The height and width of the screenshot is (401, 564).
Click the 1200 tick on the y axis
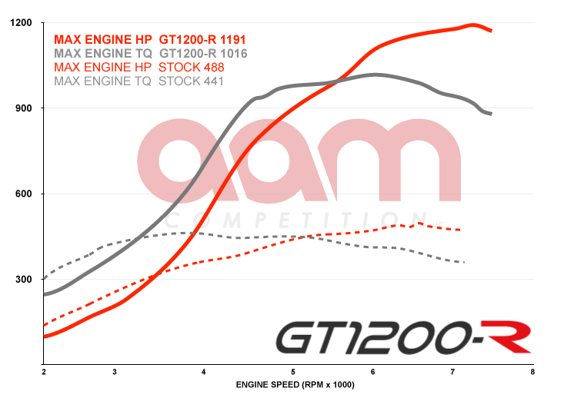tap(21, 23)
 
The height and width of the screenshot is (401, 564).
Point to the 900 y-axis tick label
tap(23, 108)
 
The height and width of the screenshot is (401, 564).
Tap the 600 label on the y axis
tap(23, 194)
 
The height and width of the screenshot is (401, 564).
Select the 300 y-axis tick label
tap(23, 279)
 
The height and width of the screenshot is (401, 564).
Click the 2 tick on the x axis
tap(44, 372)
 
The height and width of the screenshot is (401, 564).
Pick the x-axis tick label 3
tap(114, 372)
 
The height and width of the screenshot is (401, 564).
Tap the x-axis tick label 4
tap(204, 372)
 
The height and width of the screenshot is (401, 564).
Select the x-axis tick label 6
tap(373, 372)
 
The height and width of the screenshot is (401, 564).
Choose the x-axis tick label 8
tap(532, 372)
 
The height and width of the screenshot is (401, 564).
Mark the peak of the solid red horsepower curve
tap(472, 25)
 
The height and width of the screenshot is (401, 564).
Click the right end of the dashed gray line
tap(464, 263)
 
